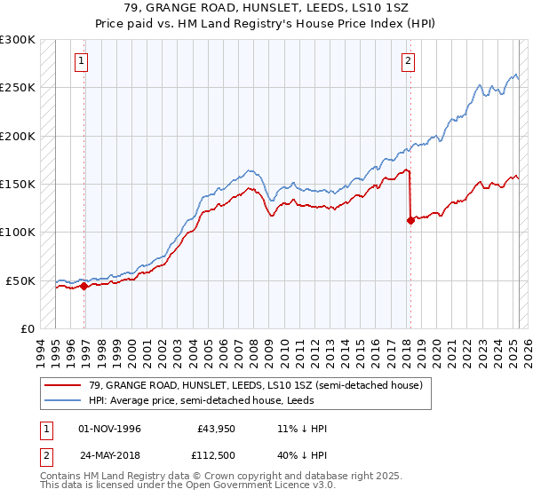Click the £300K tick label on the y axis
click(x=18, y=40)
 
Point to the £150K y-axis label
click(x=18, y=184)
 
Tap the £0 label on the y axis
click(x=26, y=328)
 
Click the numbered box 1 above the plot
click(x=82, y=61)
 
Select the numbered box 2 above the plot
click(x=407, y=61)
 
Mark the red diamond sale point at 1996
click(x=84, y=286)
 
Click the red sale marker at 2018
click(x=410, y=220)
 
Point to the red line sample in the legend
click(x=63, y=385)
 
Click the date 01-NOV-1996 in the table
click(x=110, y=429)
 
